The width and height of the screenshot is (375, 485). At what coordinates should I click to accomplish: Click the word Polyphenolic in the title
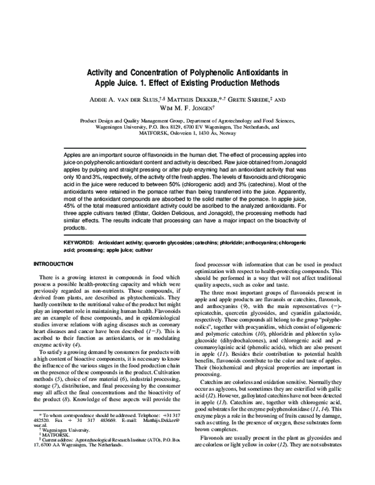[x=222, y=72]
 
